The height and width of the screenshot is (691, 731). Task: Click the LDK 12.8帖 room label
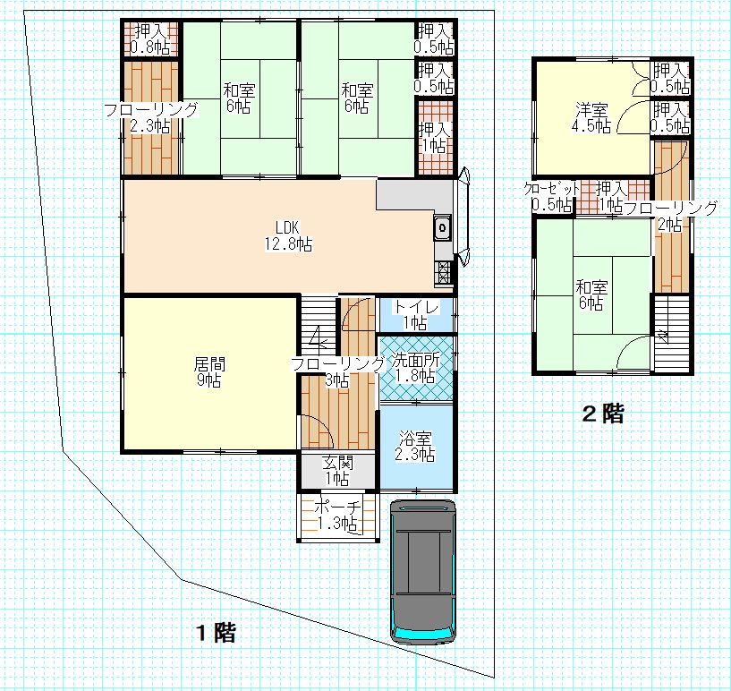coord(288,236)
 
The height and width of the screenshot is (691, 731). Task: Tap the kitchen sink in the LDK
coord(442,228)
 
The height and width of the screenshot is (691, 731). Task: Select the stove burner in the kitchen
coord(443,273)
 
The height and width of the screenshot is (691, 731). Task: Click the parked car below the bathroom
coord(423,572)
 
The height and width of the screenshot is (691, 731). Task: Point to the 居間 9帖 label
coord(208,371)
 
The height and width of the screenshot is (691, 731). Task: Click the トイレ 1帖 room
coord(416,315)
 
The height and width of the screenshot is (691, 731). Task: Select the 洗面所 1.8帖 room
coord(416,368)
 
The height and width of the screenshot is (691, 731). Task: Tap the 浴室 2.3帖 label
coord(415,447)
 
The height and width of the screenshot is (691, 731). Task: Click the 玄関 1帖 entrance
coord(337,471)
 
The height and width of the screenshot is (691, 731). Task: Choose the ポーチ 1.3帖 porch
coord(338,516)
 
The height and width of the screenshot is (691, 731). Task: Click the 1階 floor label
coord(216,633)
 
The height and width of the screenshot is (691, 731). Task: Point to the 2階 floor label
coord(603,414)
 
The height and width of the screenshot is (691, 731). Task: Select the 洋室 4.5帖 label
coord(591,118)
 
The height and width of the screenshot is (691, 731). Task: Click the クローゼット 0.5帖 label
coord(552,196)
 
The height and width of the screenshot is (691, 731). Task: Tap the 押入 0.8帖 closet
coord(150,39)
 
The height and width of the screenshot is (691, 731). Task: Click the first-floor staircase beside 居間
coord(318,326)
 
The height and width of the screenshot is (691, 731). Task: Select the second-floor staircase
coord(672,333)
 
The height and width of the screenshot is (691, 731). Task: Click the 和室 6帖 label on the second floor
coord(591,294)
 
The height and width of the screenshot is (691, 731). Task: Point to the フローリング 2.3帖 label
coord(150,118)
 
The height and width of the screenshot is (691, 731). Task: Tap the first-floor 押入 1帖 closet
coord(435,138)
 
